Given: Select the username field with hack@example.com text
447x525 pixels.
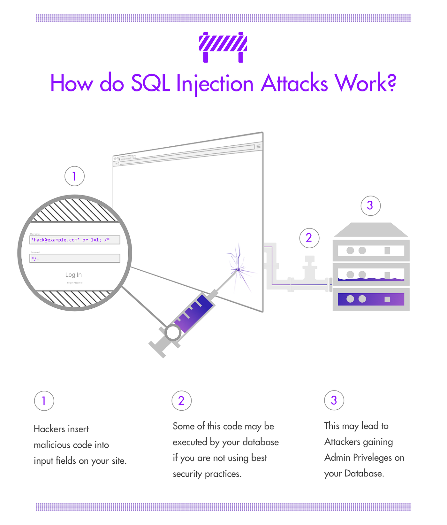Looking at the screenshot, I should click(75, 240).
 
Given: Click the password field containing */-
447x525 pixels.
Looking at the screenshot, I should click(75, 258).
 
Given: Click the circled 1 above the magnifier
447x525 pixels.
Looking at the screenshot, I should click(74, 176).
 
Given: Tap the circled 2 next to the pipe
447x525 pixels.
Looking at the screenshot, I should click(309, 238).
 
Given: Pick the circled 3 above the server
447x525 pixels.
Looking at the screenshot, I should click(370, 205).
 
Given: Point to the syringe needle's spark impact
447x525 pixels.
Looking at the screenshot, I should click(238, 270).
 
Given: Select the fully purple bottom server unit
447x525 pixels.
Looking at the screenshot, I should click(371, 299).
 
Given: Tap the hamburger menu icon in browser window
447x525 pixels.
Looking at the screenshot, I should click(259, 146).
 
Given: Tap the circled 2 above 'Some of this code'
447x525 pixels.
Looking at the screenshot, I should click(181, 400).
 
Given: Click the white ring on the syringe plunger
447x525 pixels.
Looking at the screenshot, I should click(173, 333).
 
